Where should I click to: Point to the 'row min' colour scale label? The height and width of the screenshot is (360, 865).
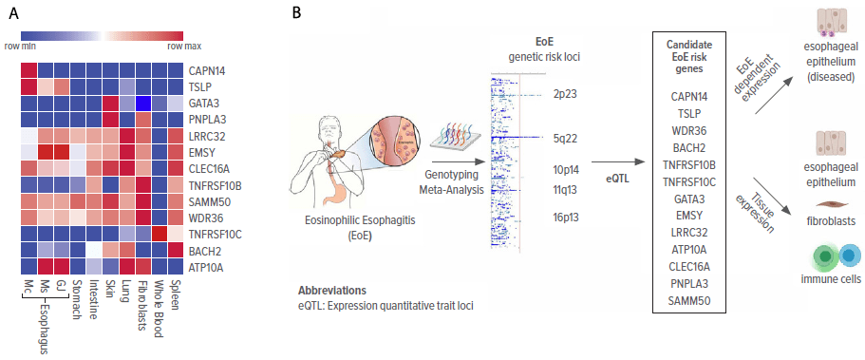tap(20, 46)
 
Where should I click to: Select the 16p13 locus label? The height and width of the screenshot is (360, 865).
tap(566, 218)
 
